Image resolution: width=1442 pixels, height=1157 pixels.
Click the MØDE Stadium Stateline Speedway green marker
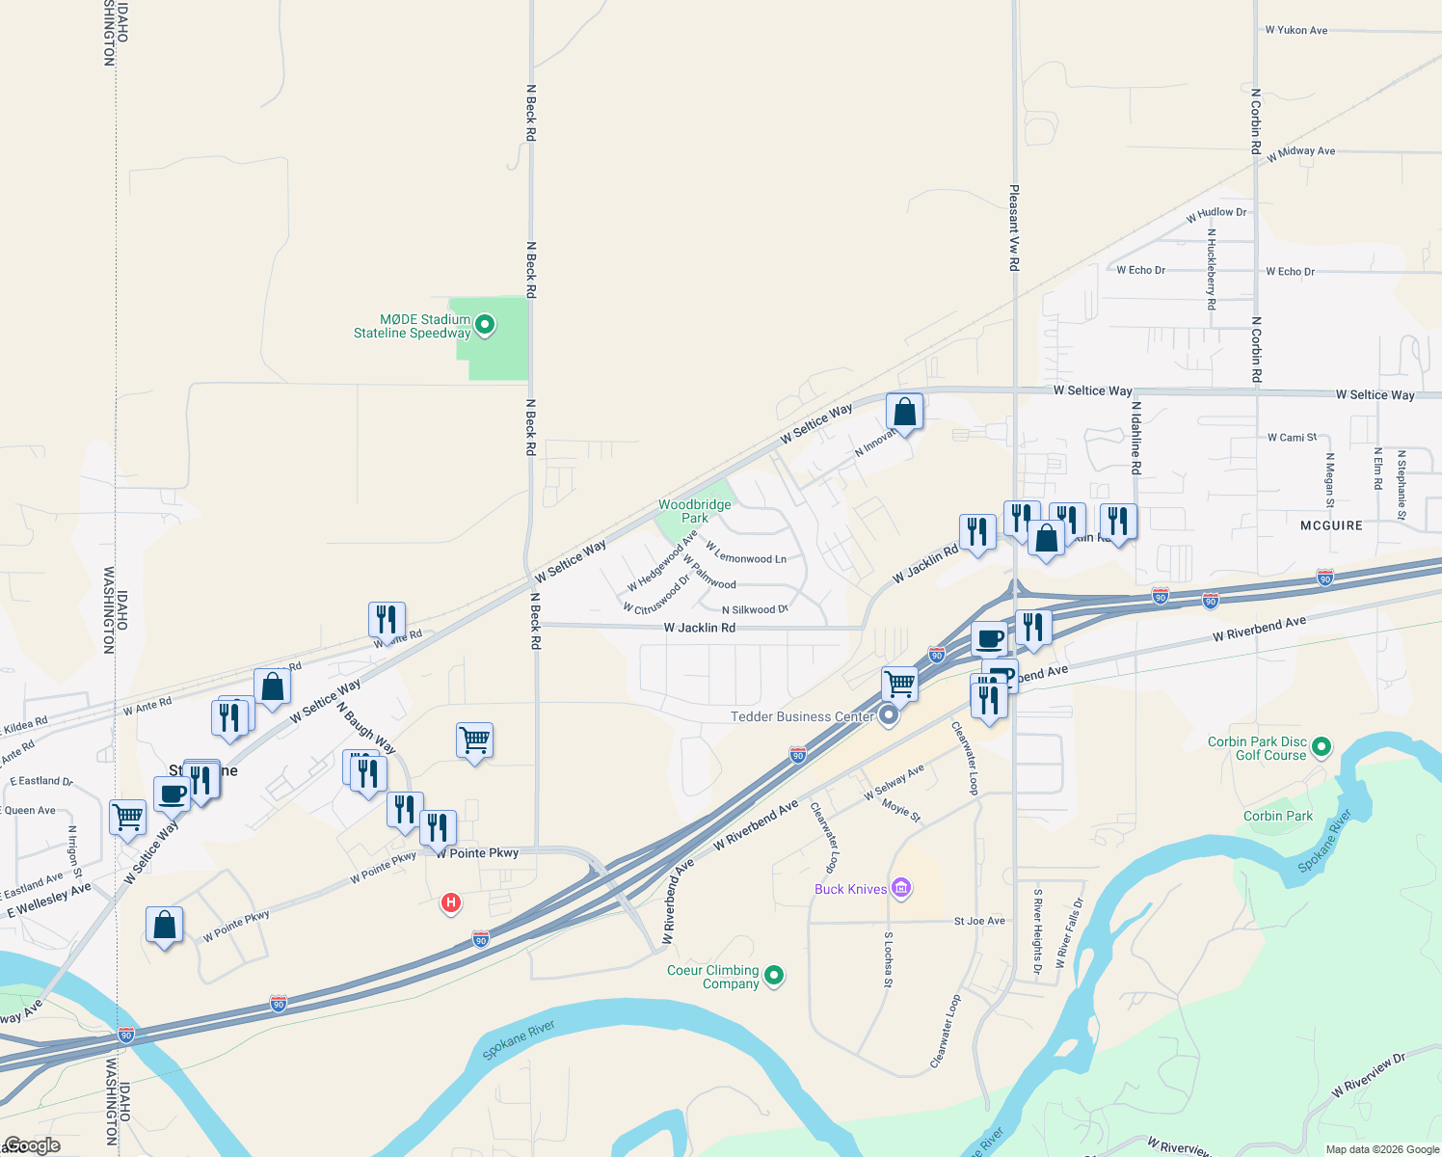tap(485, 325)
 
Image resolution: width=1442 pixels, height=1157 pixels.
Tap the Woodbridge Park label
tap(694, 511)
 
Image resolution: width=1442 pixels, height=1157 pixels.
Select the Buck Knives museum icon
tap(901, 888)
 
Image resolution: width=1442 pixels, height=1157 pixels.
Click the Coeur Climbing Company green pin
tap(773, 976)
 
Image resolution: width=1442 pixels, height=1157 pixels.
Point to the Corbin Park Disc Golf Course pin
tap(1322, 746)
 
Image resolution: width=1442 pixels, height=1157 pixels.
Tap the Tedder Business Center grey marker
tap(889, 715)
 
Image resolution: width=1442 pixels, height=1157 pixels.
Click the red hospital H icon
tap(450, 902)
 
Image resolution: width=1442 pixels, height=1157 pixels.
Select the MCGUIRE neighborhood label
tap(1331, 525)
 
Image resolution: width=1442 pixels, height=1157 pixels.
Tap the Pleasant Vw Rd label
tap(1014, 228)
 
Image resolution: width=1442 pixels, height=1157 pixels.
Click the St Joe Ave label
tap(979, 921)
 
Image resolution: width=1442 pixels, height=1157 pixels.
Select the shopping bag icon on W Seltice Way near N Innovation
tap(904, 412)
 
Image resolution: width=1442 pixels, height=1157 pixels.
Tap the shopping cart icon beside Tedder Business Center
tap(899, 684)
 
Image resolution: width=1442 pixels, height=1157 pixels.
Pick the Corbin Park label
tap(1277, 816)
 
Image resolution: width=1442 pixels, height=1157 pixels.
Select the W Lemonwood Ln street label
tap(746, 552)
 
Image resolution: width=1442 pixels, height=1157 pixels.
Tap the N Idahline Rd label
tap(1135, 438)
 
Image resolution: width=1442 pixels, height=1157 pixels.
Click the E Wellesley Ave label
tap(49, 900)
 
